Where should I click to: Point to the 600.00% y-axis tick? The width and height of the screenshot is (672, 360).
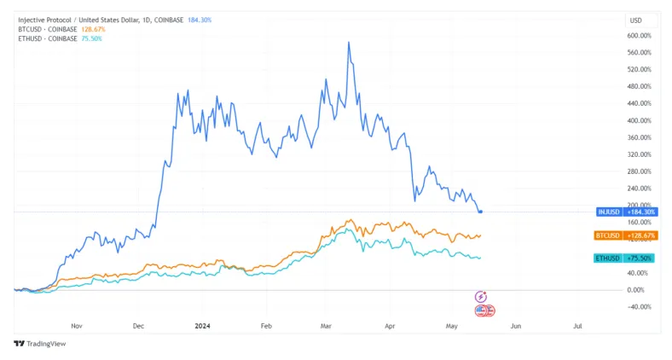pos(639,36)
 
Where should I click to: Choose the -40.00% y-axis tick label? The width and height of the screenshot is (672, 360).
pos(639,307)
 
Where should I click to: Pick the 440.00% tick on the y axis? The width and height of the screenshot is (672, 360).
pos(639,103)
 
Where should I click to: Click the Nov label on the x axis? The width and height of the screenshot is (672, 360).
pos(76,325)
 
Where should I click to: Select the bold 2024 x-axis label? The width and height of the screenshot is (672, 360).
pos(202,325)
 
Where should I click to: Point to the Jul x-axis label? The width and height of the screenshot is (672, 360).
pos(578,325)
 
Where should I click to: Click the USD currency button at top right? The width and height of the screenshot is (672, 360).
pos(635,19)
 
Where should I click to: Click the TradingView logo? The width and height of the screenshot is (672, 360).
pos(39,344)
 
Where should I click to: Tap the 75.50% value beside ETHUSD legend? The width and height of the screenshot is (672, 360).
pos(90,38)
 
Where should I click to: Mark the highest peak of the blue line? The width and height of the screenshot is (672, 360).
pos(349,42)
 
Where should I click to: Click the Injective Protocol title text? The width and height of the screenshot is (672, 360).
pos(51,20)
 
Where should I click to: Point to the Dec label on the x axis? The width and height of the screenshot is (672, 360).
pos(139,325)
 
